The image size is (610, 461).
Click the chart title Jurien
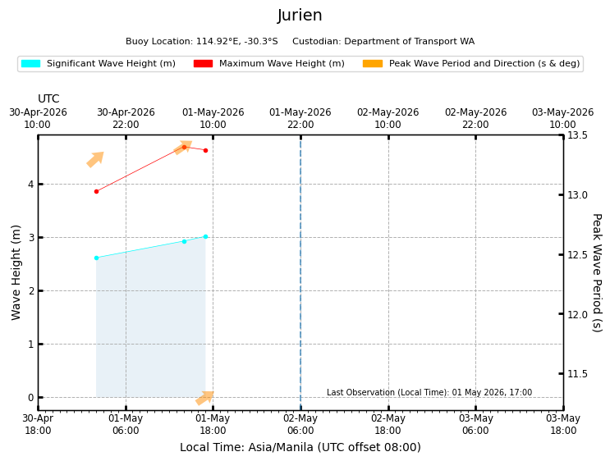[300, 16]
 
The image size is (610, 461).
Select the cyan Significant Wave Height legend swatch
[30, 63]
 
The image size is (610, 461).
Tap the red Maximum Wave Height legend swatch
[203, 63]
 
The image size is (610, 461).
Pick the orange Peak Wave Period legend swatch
[373, 63]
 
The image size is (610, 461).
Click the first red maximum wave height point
[97, 192]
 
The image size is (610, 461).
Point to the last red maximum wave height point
[206, 150]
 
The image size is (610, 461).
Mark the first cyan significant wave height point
[97, 258]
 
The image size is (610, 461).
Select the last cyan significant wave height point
[206, 237]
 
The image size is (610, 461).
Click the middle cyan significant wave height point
[185, 241]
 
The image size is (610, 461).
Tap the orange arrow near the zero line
[204, 398]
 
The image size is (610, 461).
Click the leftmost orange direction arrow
[95, 159]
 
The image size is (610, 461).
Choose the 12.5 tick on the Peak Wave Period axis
[561, 254]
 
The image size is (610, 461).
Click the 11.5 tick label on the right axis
[577, 374]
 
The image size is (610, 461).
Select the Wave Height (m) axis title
[16, 272]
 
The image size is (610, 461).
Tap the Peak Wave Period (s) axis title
[597, 272]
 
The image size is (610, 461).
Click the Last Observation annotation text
[429, 392]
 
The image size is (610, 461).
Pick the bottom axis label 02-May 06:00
[300, 424]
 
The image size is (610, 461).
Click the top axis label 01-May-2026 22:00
[300, 118]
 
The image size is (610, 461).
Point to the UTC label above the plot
[48, 98]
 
